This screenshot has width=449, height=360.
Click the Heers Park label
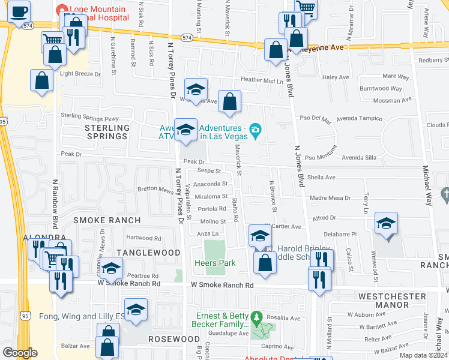(214, 263)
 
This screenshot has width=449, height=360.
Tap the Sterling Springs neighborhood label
(107, 132)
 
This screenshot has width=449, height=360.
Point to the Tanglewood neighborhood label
(148, 253)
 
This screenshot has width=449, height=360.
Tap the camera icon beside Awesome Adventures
(256, 129)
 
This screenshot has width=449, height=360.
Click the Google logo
(20, 353)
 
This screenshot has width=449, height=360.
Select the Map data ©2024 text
(424, 355)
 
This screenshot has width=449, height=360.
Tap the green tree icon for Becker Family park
(256, 316)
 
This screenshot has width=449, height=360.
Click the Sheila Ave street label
(321, 177)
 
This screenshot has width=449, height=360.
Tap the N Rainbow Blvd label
(54, 204)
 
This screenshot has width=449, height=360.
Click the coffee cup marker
(20, 10)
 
